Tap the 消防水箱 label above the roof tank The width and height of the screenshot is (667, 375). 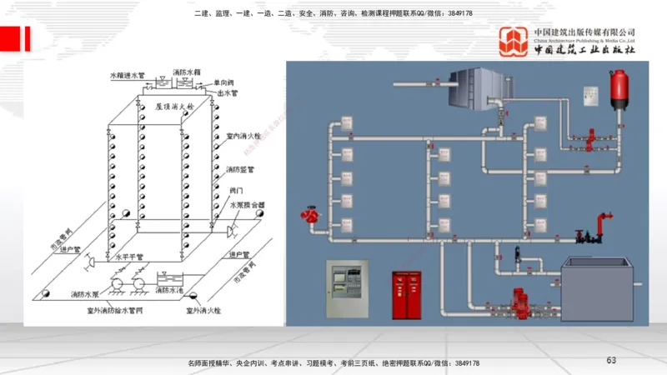(188, 72)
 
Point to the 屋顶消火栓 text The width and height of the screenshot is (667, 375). (173, 107)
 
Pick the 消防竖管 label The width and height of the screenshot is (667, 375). (241, 169)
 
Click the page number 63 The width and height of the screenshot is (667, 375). (611, 360)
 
